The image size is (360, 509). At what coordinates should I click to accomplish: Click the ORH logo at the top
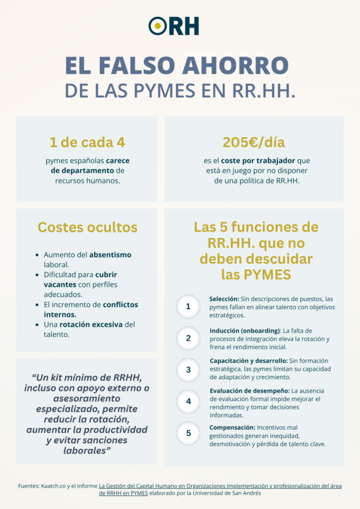(174, 25)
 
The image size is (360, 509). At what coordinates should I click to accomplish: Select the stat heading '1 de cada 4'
(87, 143)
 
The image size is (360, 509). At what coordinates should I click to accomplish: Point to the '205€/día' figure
(254, 143)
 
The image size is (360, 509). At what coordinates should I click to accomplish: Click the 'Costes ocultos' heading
(87, 227)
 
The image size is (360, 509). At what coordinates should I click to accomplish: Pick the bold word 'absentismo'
(110, 255)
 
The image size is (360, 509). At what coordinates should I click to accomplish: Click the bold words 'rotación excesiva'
(97, 325)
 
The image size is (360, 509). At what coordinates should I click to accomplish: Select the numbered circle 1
(188, 307)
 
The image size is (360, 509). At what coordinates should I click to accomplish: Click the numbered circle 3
(188, 370)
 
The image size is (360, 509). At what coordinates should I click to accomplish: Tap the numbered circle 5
(188, 433)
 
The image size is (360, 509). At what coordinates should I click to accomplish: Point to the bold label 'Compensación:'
(232, 427)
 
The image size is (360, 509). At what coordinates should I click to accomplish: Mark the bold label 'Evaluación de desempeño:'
(249, 390)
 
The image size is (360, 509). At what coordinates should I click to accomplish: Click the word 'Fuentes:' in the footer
(30, 485)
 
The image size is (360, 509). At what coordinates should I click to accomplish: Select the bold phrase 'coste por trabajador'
(250, 161)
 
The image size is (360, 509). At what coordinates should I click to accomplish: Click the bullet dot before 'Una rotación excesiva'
(37, 325)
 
